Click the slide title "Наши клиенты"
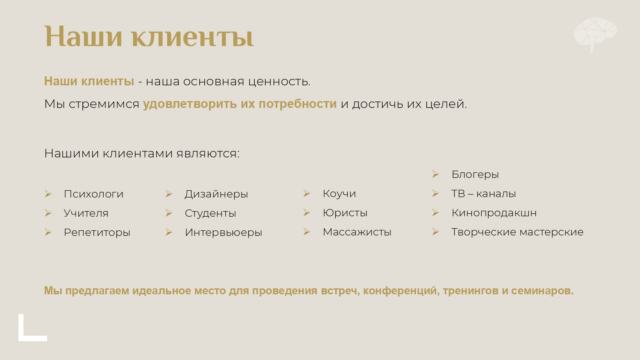pos(149,36)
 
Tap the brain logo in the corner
pos(595,33)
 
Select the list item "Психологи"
pos(93,194)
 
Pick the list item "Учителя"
pos(86,213)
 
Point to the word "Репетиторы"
pos(97,232)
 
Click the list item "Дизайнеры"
pos(216,194)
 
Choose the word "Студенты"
pos(210,213)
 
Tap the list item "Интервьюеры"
pos(223,232)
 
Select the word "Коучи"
pos(339,194)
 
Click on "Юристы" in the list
pos(345,213)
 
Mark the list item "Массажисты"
pos(357,232)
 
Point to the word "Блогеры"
pos(475,174)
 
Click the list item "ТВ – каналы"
pos(483,194)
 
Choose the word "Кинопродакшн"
pos(494,213)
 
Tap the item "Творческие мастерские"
pos(517,232)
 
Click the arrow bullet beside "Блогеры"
pos(435,174)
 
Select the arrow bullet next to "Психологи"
pos(48,194)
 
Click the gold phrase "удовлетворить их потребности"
pos(239,104)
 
